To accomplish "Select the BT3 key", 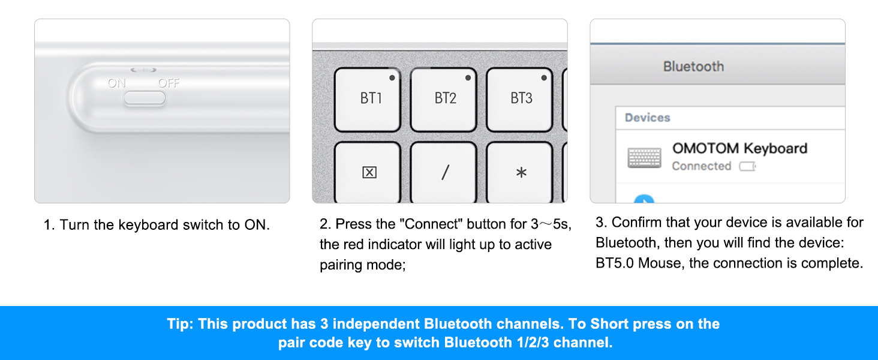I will click(520, 100).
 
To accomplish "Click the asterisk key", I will click(520, 173).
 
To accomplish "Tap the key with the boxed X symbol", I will click(369, 173).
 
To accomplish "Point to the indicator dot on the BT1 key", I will click(392, 77).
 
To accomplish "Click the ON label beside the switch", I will click(117, 83).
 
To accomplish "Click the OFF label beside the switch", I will click(169, 83).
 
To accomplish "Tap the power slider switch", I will click(145, 98).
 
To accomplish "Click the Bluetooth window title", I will click(693, 67).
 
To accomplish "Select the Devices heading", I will click(647, 118).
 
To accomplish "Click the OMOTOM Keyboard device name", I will click(739, 148).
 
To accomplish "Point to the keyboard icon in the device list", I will click(644, 158).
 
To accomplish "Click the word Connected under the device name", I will click(701, 166).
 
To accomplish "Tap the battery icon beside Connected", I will click(747, 167).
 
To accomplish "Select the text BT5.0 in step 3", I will click(615, 263).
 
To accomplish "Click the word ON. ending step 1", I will click(257, 225).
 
